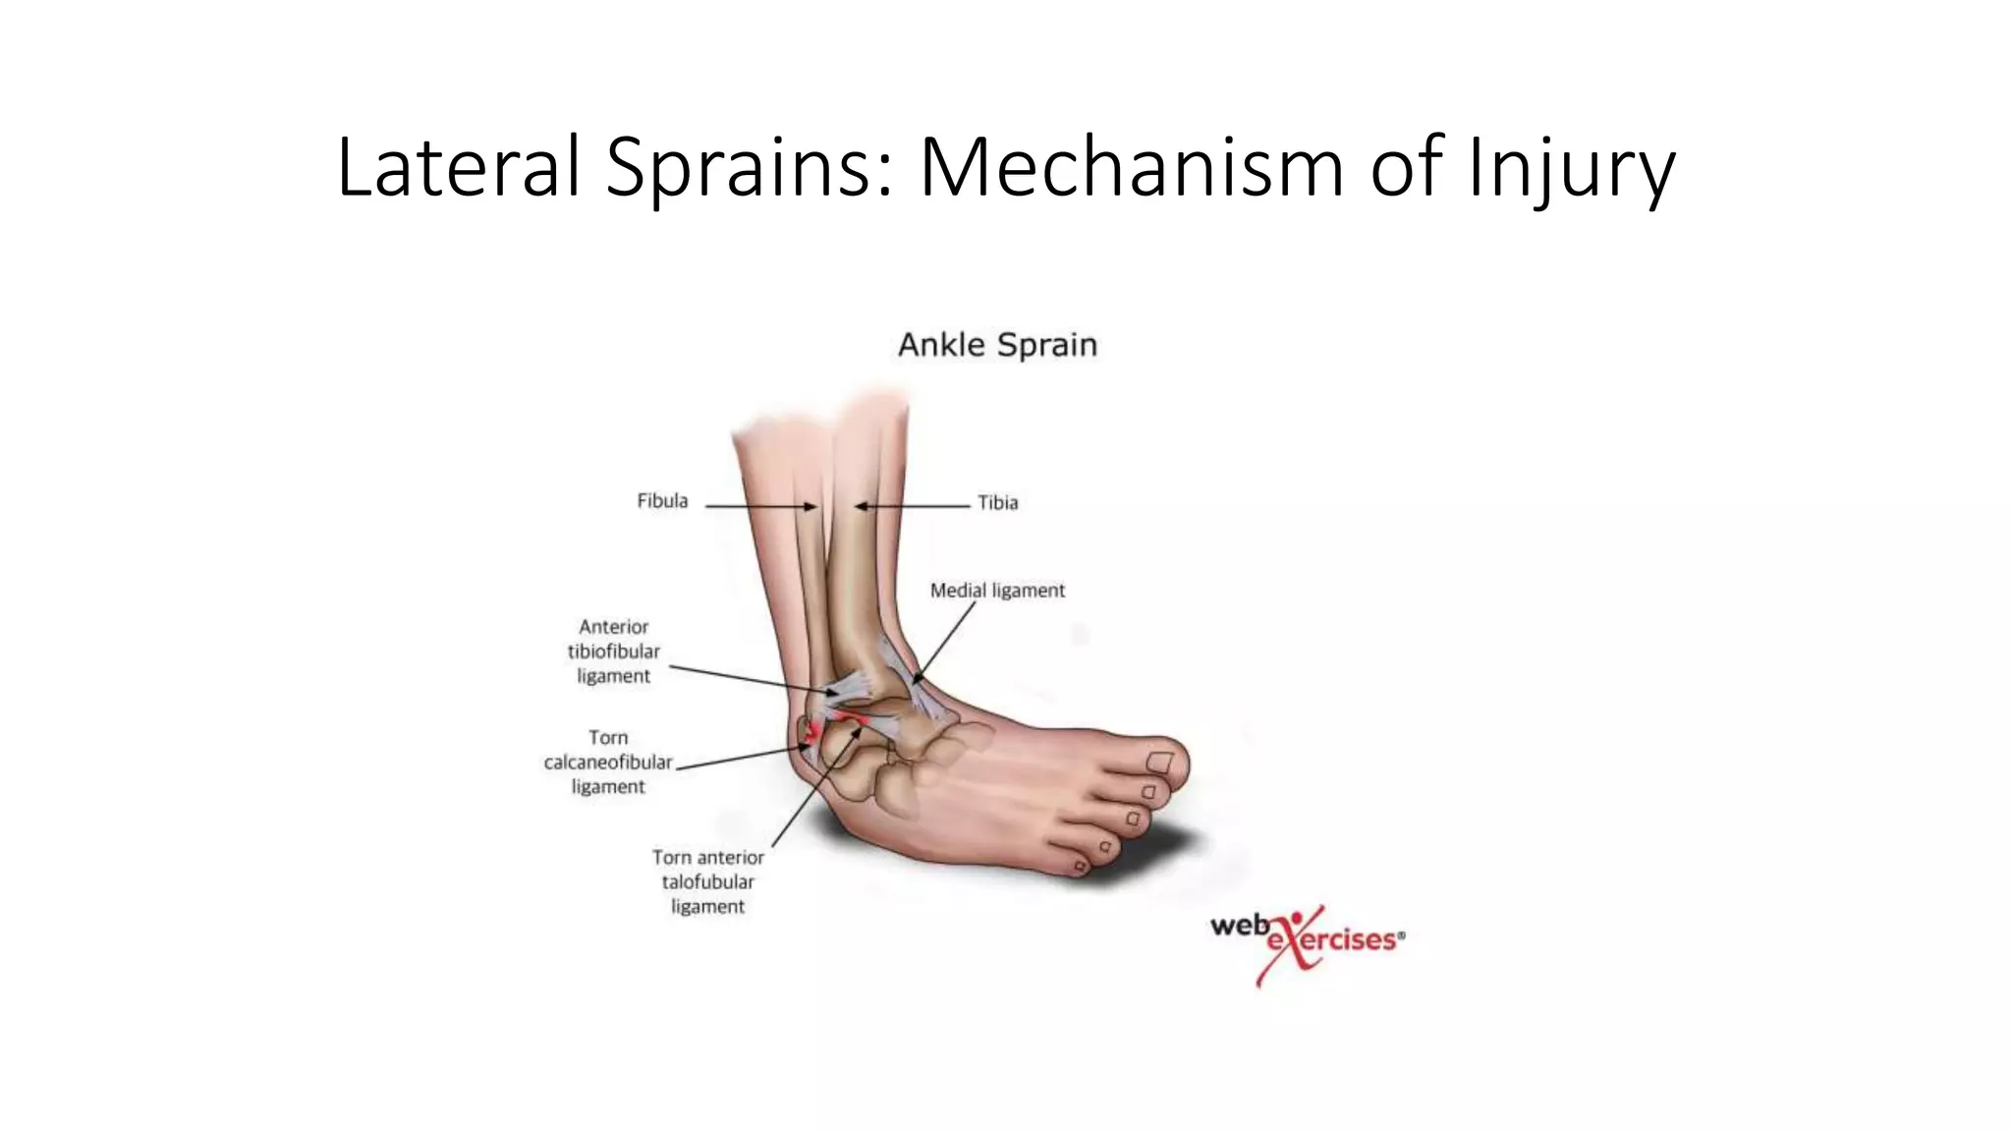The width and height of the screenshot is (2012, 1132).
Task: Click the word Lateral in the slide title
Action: pyautogui.click(x=460, y=167)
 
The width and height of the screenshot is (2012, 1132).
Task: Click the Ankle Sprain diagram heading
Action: pyautogui.click(x=997, y=345)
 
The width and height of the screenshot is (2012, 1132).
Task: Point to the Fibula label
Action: pyautogui.click(x=662, y=501)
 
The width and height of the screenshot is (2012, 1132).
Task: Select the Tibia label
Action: pyautogui.click(x=997, y=503)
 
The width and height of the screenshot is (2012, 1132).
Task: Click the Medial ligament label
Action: pyautogui.click(x=997, y=591)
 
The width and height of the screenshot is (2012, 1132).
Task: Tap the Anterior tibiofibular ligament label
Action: pyautogui.click(x=613, y=651)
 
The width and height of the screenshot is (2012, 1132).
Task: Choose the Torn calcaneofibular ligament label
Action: pyautogui.click(x=608, y=762)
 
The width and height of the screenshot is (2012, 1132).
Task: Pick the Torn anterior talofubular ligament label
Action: pyautogui.click(x=707, y=881)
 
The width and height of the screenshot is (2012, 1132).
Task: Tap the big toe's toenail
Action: pyautogui.click(x=1160, y=762)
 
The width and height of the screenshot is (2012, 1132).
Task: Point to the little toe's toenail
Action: pyautogui.click(x=1081, y=866)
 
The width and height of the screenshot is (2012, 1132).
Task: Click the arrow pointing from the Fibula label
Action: pyautogui.click(x=760, y=507)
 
